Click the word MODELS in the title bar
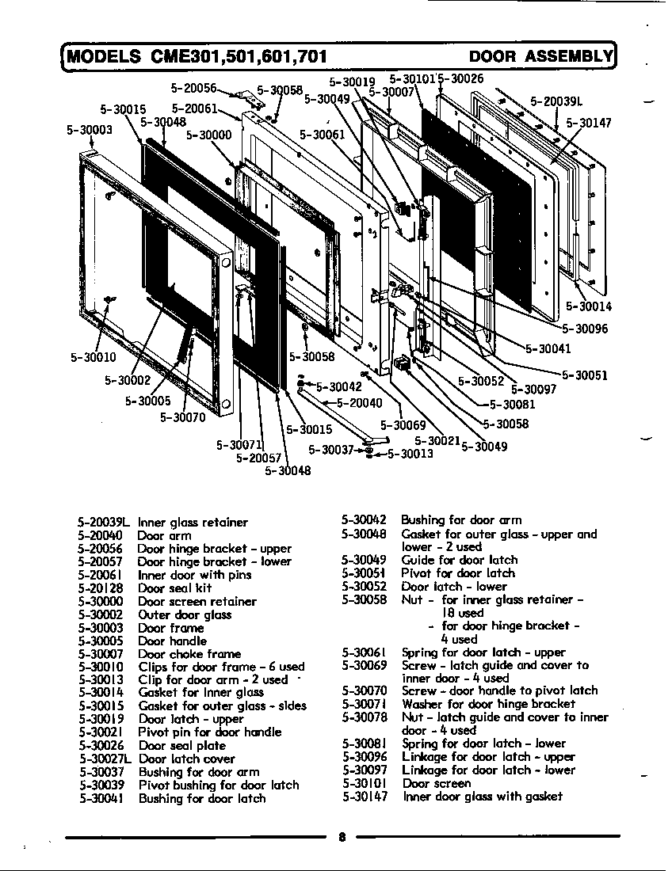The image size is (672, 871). [x=104, y=56]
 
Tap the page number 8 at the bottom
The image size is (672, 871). [x=341, y=839]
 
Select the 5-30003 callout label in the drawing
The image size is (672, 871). [x=89, y=130]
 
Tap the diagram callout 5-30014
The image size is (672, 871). [x=588, y=307]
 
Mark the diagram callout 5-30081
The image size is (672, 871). [x=513, y=405]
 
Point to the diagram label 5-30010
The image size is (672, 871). [x=94, y=357]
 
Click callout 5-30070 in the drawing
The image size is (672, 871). [x=182, y=417]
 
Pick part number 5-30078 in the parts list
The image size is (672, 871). [x=365, y=717]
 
